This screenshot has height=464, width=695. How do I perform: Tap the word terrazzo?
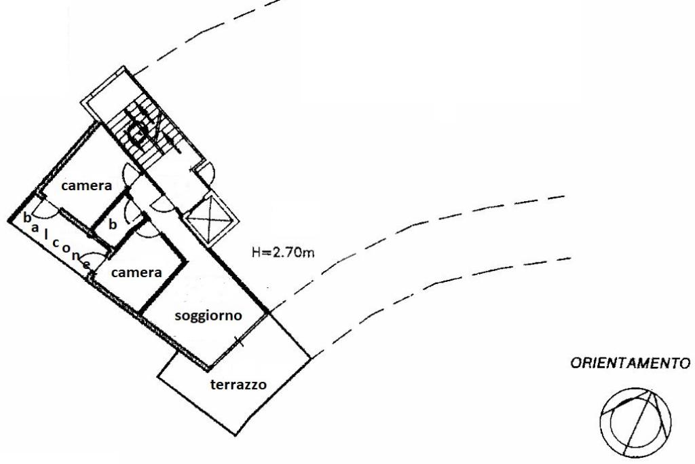238,385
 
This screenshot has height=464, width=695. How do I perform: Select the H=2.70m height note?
283,253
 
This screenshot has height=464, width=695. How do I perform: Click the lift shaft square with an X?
210,218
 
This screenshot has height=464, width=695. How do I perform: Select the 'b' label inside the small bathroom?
113,224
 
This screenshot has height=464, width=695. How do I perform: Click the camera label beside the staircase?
86,185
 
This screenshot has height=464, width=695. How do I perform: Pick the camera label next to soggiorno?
136,272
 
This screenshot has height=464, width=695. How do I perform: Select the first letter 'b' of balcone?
26,218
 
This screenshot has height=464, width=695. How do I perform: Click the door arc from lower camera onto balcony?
98,257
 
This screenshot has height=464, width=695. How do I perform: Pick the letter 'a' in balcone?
35,228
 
